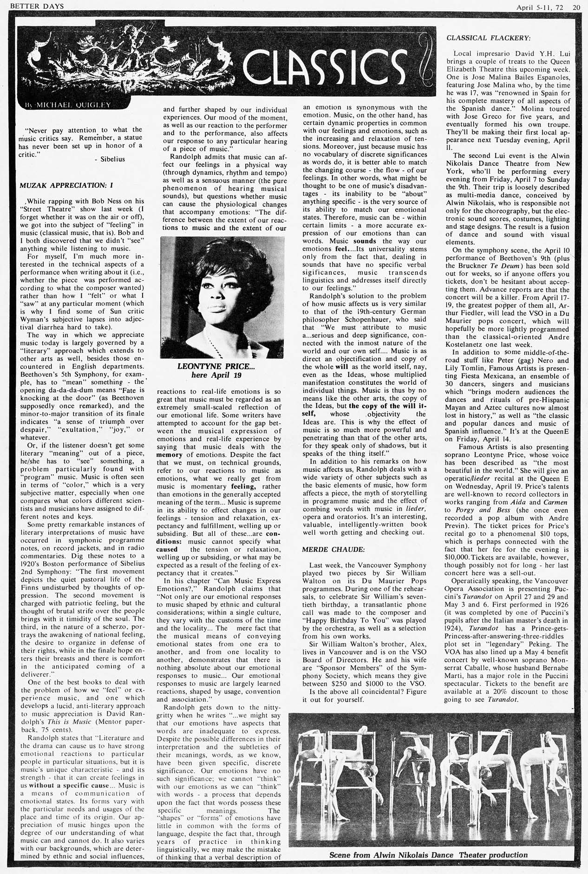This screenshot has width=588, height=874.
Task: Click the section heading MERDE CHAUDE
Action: (327, 549)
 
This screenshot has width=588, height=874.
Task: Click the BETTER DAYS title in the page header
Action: (33, 6)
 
